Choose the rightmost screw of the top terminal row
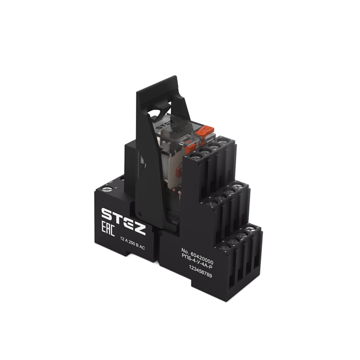coord(224,141)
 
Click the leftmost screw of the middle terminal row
coord(211,202)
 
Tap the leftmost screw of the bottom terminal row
coord(224,247)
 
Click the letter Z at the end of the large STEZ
coord(139,228)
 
